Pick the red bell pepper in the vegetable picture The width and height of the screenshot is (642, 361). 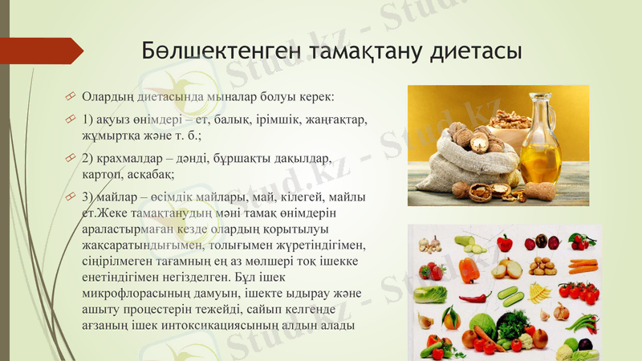pos(505,242)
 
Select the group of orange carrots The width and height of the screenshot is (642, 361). pos(583,266)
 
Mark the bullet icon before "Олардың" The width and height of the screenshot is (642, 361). pos(71,97)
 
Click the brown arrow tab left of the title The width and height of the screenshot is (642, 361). pos(44,51)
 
